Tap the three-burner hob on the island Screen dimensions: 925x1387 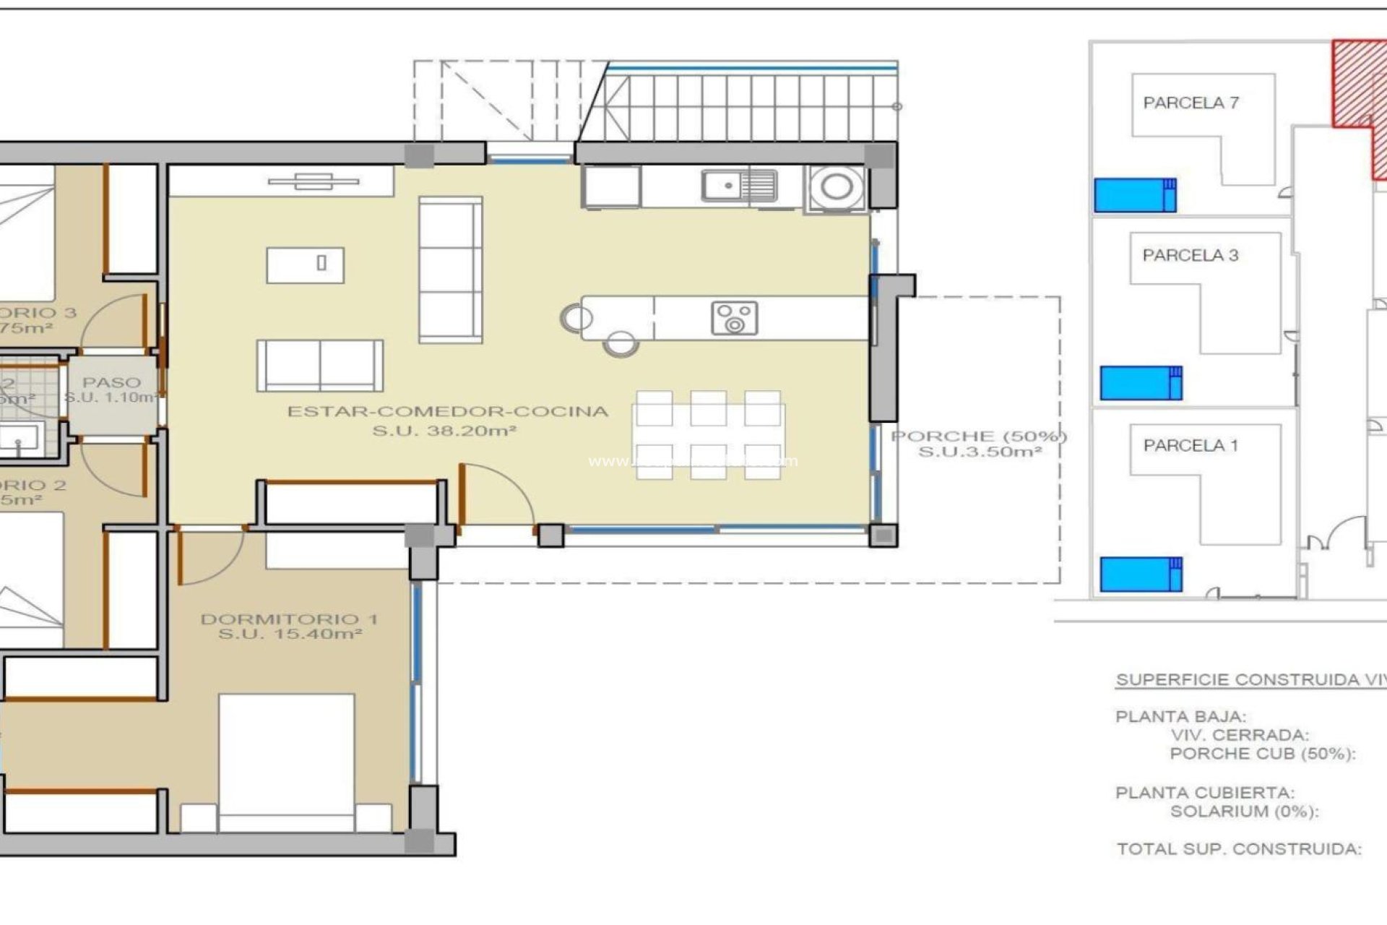click(x=734, y=319)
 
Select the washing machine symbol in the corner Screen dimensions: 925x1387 click(x=836, y=187)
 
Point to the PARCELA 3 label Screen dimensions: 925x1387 click(x=1190, y=255)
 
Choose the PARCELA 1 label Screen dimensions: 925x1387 click(x=1190, y=445)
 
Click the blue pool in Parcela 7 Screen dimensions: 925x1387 click(x=1134, y=195)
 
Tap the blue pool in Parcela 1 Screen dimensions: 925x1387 click(x=1140, y=574)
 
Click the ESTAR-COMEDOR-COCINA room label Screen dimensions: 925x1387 click(x=448, y=412)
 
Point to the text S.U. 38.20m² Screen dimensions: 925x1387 click(x=444, y=431)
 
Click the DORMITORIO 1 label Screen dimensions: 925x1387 click(x=289, y=619)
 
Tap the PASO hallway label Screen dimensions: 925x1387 click(x=111, y=382)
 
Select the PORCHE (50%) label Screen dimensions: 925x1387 click(x=979, y=436)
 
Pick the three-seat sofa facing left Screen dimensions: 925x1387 click(x=450, y=270)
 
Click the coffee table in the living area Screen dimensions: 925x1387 click(x=305, y=264)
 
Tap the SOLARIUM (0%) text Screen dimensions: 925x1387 click(x=1244, y=812)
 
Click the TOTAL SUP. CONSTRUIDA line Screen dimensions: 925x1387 click(x=1238, y=849)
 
